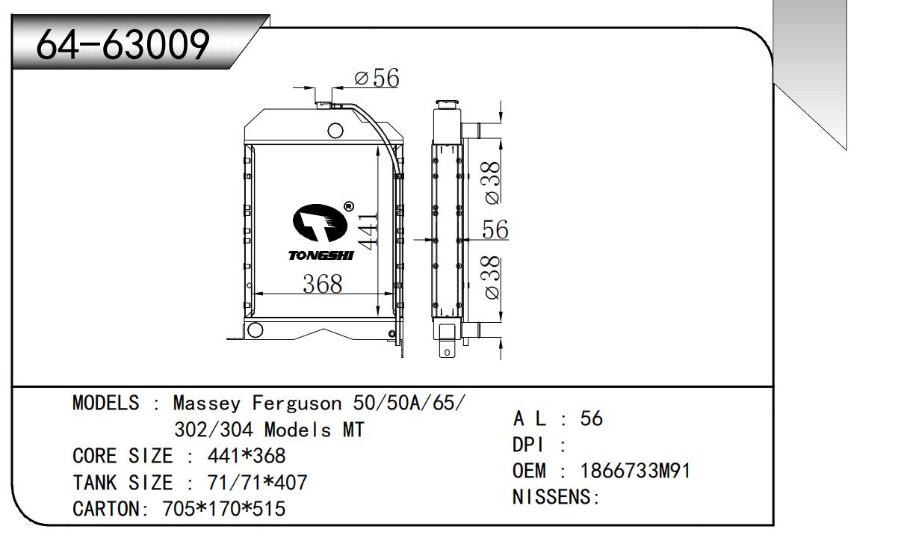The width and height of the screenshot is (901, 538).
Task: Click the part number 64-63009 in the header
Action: tap(123, 44)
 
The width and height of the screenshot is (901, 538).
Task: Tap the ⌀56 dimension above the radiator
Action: tap(377, 78)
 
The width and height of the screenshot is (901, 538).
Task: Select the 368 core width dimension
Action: tap(322, 284)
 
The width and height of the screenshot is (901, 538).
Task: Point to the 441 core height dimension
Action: tap(368, 231)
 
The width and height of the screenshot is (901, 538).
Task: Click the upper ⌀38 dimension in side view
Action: tap(492, 183)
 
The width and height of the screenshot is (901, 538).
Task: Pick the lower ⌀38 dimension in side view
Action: tap(492, 278)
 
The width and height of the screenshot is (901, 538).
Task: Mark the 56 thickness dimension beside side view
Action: tap(495, 229)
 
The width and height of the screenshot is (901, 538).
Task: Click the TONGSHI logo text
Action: tap(321, 256)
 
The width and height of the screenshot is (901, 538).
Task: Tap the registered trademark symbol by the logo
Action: tap(348, 206)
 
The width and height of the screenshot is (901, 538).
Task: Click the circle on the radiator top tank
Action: tap(335, 131)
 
